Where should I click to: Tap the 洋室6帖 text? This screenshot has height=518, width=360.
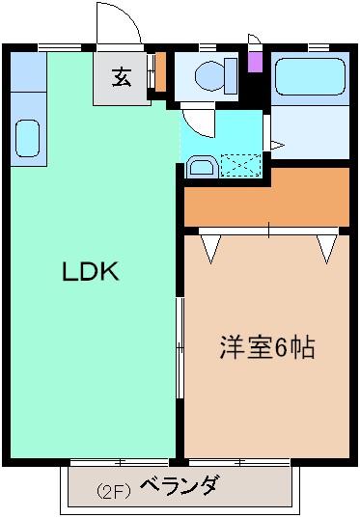(x=266, y=348)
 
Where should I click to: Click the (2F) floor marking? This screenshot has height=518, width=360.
(x=113, y=489)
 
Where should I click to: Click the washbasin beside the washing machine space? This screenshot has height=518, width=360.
(x=200, y=166)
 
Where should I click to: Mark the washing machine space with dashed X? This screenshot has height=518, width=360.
(x=239, y=166)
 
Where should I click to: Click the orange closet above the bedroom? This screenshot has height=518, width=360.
(x=265, y=198)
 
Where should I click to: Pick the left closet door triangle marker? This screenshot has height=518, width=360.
(x=211, y=249)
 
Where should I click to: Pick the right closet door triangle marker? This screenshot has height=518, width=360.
(x=327, y=249)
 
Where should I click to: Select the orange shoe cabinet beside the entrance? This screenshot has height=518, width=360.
(x=160, y=71)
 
